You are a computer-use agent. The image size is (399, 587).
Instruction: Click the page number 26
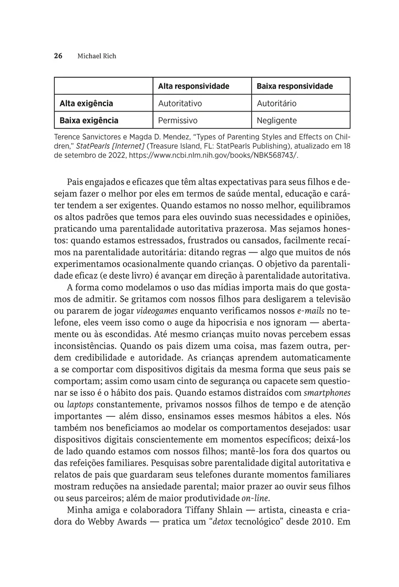58,56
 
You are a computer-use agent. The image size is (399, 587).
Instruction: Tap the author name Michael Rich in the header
97,56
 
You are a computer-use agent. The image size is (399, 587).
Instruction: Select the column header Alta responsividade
193,86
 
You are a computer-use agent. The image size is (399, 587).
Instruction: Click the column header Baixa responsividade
295,86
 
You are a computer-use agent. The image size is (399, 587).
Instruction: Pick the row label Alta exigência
86,103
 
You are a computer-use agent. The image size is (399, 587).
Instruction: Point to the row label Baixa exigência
89,120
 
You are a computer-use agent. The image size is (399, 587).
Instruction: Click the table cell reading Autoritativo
180,103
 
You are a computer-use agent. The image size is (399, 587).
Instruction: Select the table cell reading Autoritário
277,103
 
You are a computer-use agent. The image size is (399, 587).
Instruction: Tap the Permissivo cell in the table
178,120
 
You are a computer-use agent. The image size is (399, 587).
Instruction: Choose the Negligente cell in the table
277,120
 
